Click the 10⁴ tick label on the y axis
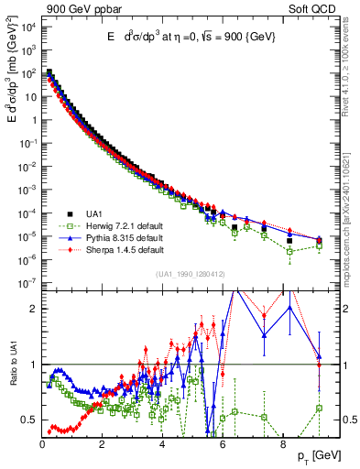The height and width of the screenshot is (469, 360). click(28, 27)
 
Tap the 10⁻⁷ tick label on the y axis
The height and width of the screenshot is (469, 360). click(27, 283)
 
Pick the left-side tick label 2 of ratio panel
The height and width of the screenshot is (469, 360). click(33, 309)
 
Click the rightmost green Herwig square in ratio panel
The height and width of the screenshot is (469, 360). click(319, 408)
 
